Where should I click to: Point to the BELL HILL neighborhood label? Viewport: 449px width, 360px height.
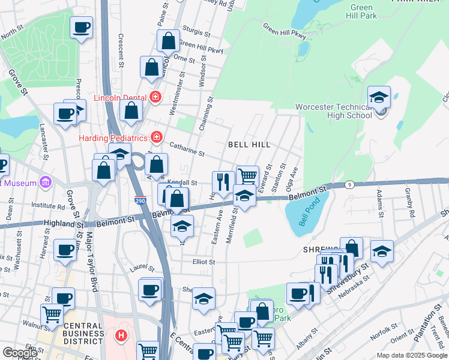tap(249, 145)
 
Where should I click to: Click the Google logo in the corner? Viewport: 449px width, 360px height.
tap(20, 353)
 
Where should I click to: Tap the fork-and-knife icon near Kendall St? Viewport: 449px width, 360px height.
tap(223, 181)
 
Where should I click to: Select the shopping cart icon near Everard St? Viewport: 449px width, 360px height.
tap(247, 176)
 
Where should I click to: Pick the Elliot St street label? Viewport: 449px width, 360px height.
tap(203, 262)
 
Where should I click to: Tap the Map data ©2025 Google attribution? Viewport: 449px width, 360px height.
tap(412, 355)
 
